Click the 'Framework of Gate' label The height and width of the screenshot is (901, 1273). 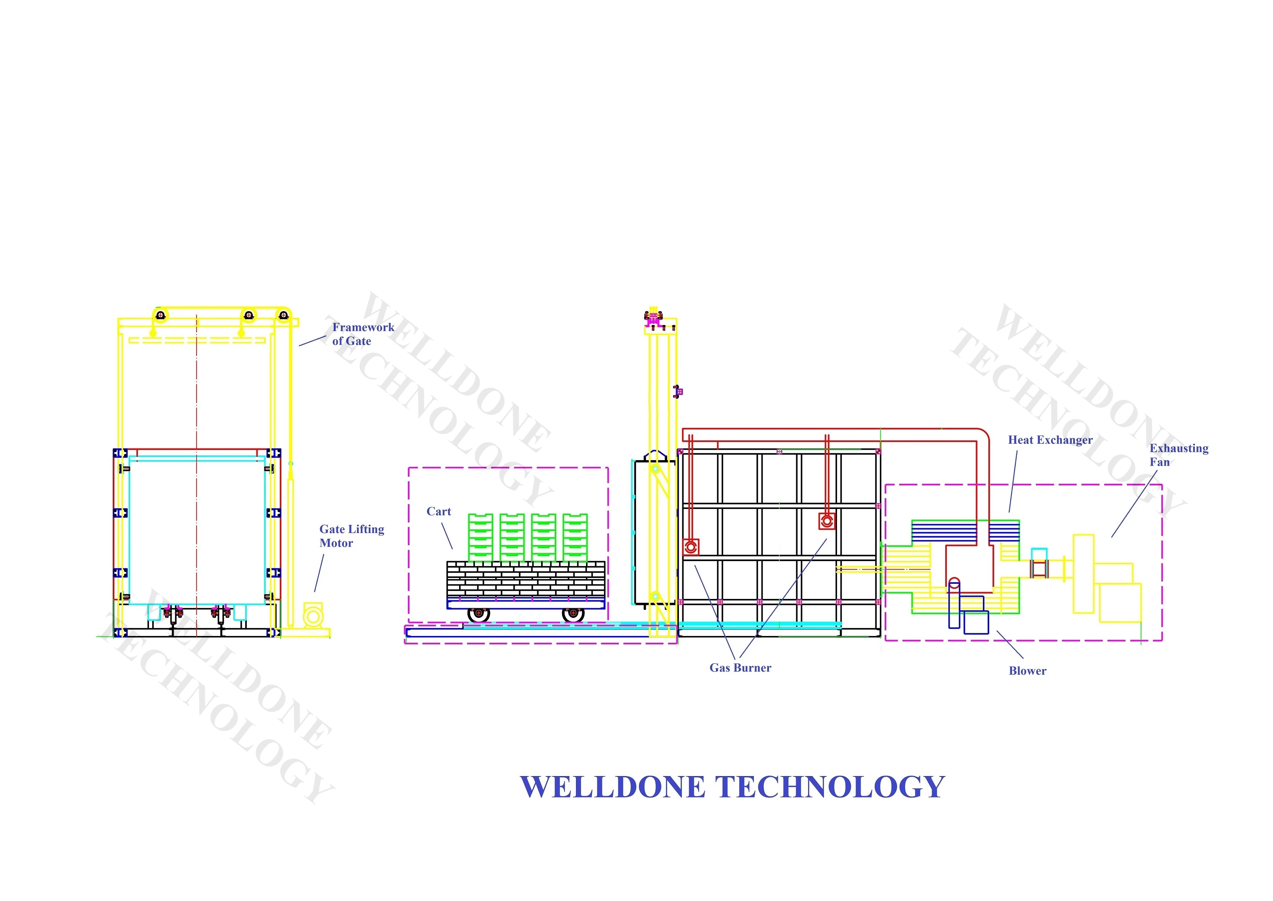click(363, 334)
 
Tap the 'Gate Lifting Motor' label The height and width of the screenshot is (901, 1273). click(351, 536)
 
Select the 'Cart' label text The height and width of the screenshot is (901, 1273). click(438, 511)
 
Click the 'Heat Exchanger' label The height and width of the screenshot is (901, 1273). click(1050, 440)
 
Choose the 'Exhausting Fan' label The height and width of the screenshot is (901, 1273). click(1178, 455)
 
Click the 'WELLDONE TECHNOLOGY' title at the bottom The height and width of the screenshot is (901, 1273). click(732, 787)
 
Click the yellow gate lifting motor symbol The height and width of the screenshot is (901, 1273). click(313, 616)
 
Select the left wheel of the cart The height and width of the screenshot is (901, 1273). click(478, 614)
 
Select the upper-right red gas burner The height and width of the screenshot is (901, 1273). click(827, 521)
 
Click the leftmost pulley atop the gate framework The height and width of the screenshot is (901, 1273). click(160, 315)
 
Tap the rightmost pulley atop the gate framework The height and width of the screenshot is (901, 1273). click(283, 315)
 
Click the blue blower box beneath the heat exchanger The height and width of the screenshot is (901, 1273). click(976, 622)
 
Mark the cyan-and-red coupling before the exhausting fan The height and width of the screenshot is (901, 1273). click(1038, 568)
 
